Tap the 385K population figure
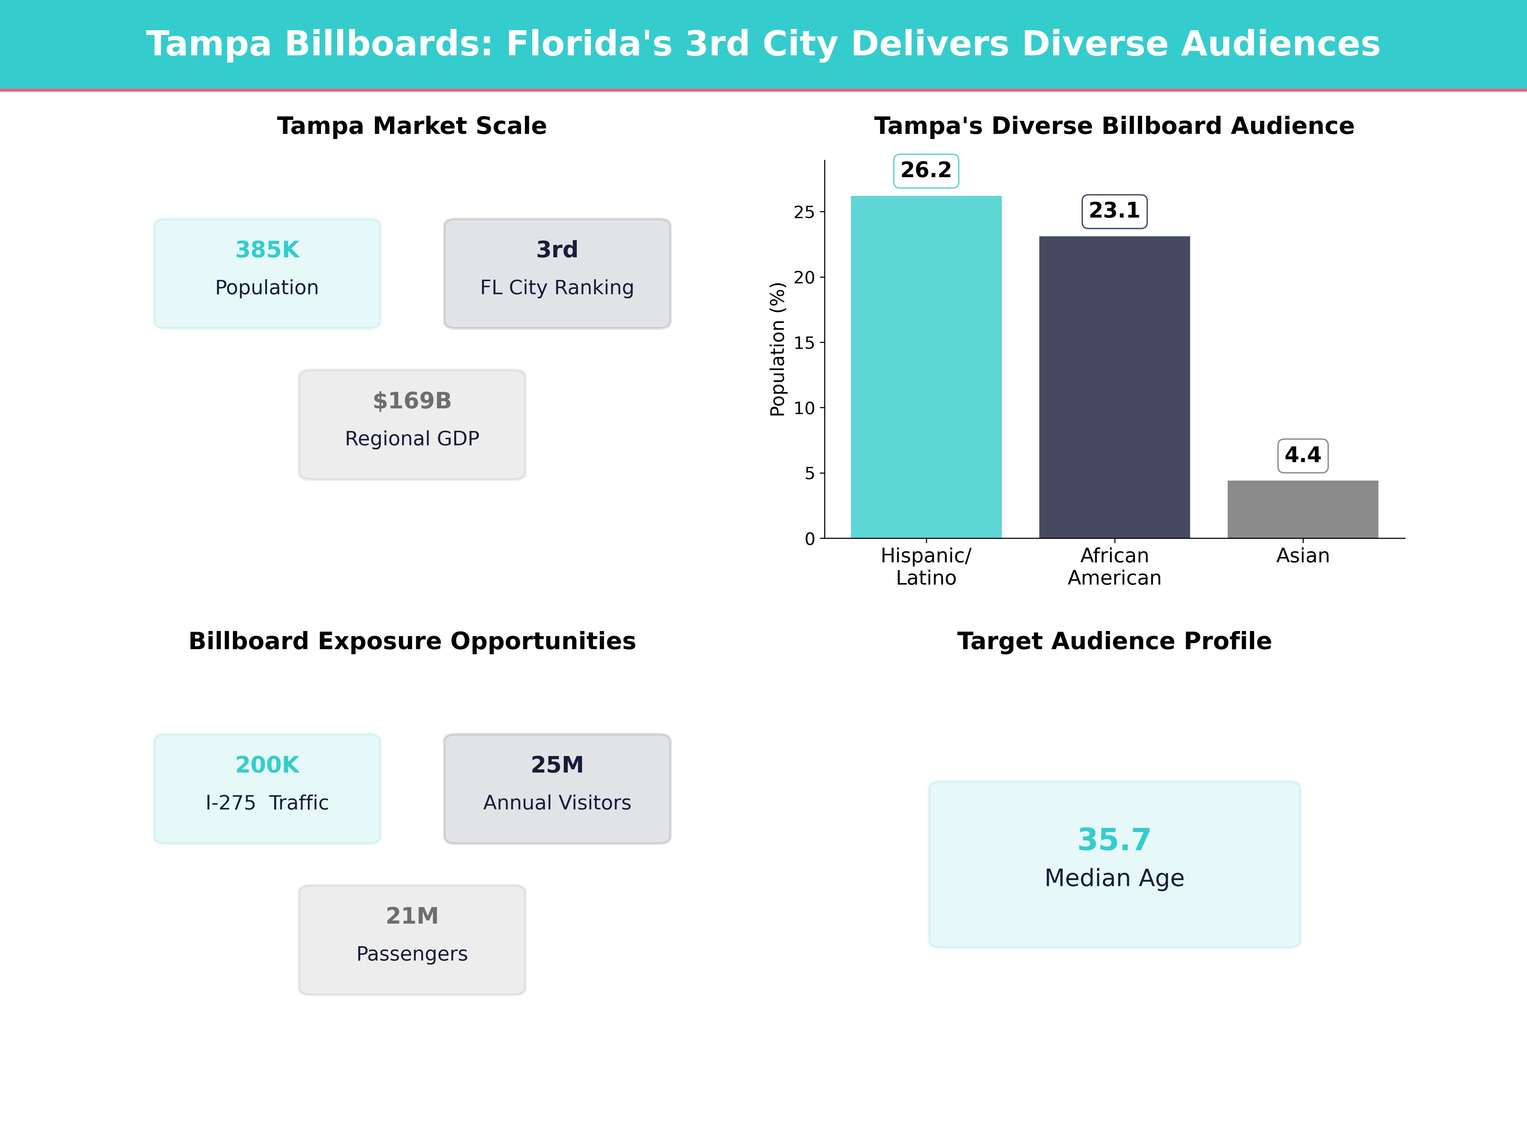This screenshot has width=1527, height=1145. (x=267, y=250)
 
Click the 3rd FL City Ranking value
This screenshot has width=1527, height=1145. (x=557, y=250)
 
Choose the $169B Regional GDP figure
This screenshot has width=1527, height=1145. (x=412, y=401)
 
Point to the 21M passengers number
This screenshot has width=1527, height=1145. (x=412, y=916)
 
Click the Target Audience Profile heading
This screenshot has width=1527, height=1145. (x=1114, y=641)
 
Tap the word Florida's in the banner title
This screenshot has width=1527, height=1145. (x=589, y=44)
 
